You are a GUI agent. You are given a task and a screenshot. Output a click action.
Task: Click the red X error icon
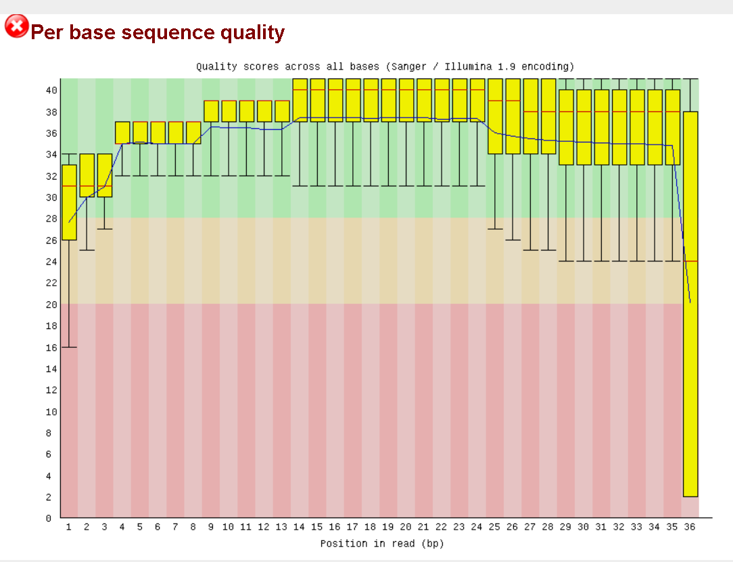[17, 26]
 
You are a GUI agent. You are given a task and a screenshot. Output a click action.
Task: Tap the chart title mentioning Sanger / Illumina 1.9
[385, 66]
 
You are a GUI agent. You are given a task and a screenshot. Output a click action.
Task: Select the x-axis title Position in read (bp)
[382, 543]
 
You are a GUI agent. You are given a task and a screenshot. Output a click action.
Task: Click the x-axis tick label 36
[690, 527]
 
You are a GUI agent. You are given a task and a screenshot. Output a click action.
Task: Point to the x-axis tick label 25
[494, 527]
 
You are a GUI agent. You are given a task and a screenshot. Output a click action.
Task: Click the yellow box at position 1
[69, 202]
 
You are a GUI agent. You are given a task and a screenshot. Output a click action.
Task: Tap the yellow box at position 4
[122, 132]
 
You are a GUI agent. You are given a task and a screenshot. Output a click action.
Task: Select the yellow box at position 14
[300, 100]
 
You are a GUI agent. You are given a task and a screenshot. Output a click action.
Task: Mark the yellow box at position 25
[495, 116]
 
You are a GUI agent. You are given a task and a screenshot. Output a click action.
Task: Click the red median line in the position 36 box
[690, 261]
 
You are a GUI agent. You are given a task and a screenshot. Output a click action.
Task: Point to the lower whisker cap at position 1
[69, 347]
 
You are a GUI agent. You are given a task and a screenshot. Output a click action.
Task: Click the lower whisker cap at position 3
[105, 229]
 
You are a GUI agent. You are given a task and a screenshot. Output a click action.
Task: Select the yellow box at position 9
[211, 111]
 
